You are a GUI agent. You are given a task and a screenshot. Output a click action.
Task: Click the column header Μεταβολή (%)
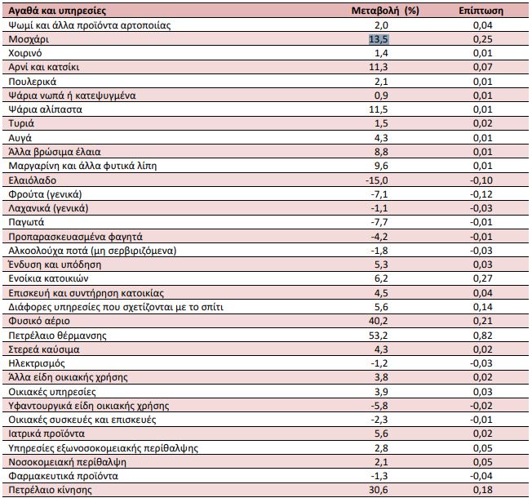point(385,11)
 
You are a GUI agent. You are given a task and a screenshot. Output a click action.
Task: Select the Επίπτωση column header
point(481,11)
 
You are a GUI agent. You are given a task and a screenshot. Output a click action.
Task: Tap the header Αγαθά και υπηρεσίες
point(57,11)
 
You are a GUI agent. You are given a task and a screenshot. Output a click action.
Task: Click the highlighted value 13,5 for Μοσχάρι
point(379,39)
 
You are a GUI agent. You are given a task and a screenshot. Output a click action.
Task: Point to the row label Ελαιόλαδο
point(33,180)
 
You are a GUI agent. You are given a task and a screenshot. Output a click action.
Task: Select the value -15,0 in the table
point(377,180)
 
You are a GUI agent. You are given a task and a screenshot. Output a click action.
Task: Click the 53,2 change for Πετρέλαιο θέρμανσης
point(379,336)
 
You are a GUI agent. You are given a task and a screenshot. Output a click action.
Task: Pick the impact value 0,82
point(482,336)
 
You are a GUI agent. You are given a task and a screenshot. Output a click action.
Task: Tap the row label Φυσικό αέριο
point(39,321)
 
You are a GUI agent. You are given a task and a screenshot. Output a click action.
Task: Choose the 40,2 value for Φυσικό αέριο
point(379,321)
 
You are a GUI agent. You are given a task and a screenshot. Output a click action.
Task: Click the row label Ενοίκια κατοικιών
point(48,278)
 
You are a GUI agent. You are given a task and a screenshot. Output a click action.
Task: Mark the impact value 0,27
point(482,278)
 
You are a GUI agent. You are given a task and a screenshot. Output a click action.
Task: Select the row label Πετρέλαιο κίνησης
point(50,490)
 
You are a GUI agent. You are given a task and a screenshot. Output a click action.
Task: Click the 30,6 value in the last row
point(379,490)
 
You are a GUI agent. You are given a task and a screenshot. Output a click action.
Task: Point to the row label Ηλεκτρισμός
point(36,363)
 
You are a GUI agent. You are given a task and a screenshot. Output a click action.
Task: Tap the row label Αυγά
point(20,138)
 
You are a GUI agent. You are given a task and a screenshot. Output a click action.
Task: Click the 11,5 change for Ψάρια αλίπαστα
point(379,109)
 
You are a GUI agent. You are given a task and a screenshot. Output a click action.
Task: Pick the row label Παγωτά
point(26,222)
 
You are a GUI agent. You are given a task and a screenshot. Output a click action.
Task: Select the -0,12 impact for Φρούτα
point(481,194)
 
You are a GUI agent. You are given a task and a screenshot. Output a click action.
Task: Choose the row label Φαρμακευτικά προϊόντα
point(63,476)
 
